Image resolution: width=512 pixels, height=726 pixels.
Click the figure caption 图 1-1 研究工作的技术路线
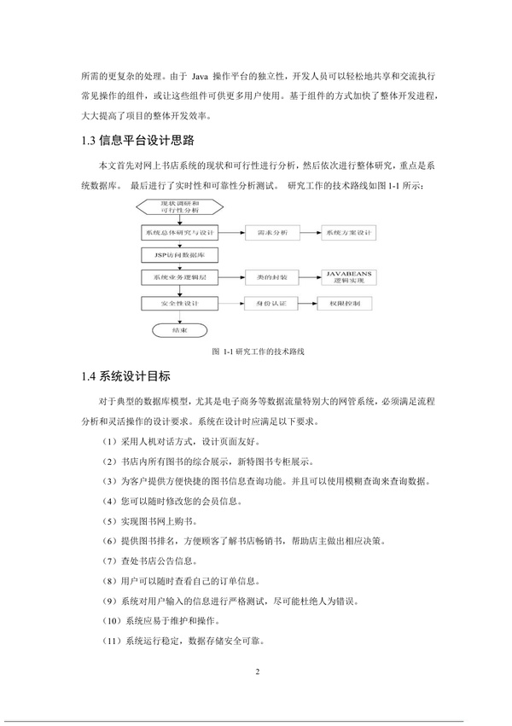[x=256, y=351]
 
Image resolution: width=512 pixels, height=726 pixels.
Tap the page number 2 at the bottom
[x=256, y=673]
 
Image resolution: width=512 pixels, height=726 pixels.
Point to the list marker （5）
[x=111, y=520]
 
